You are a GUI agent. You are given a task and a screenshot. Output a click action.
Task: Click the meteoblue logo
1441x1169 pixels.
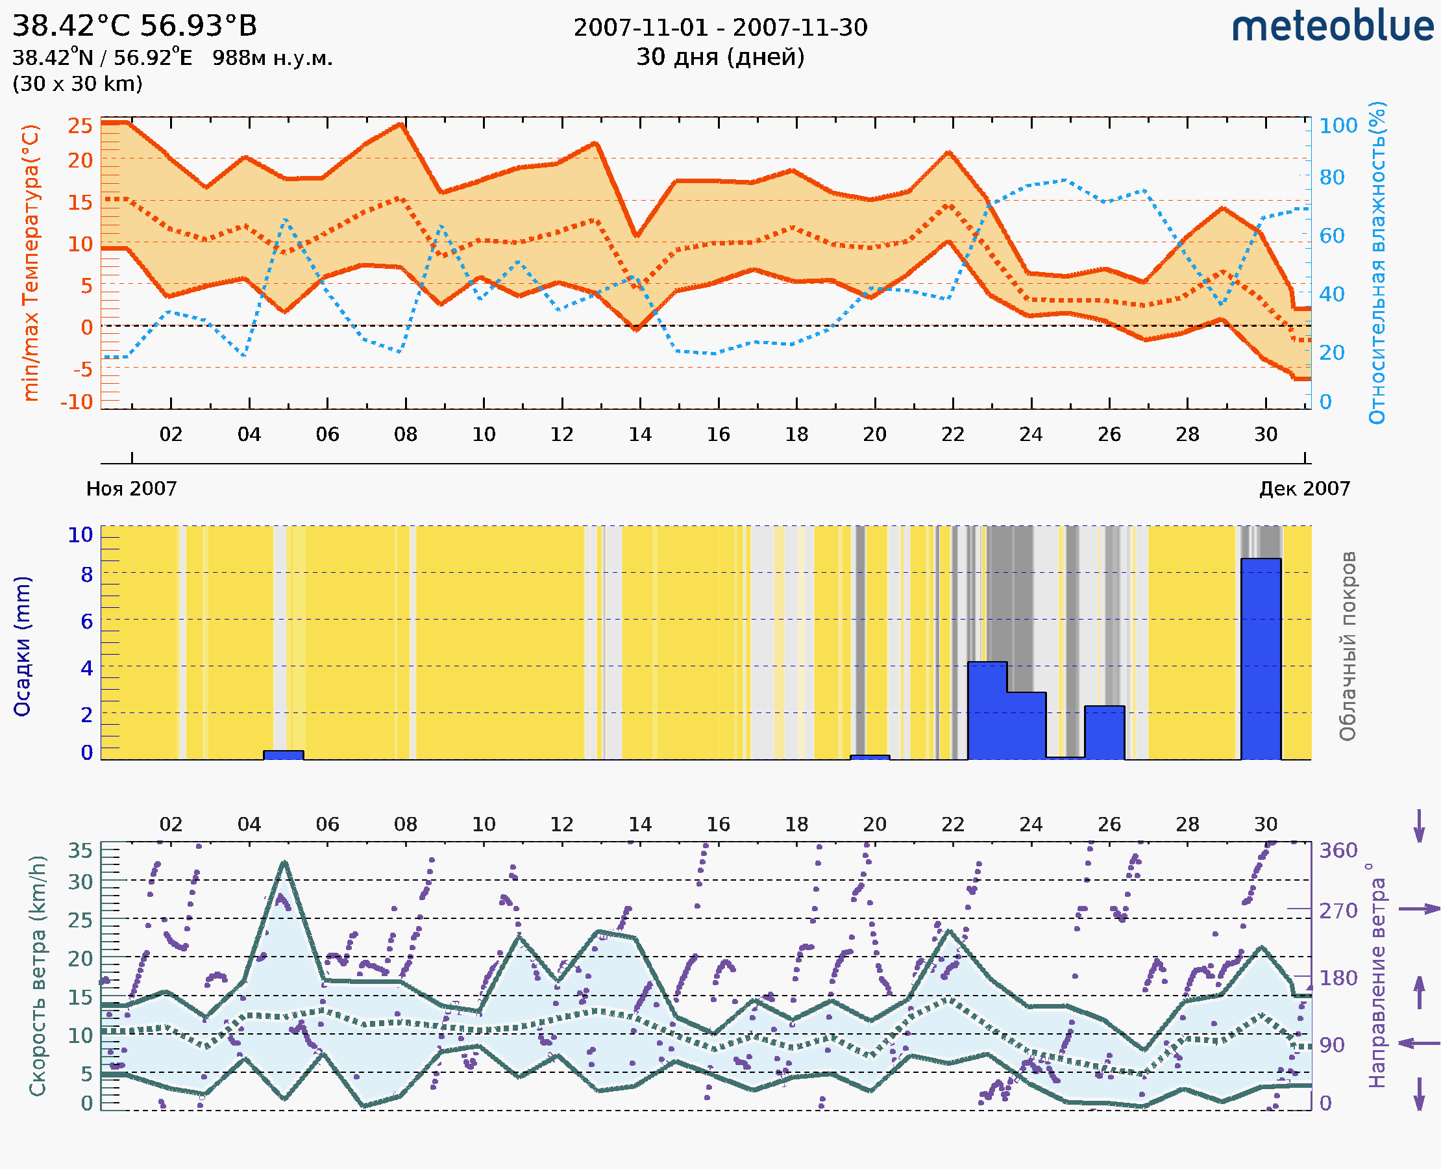(1333, 27)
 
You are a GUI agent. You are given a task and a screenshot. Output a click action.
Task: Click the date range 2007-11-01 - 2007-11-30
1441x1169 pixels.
(720, 28)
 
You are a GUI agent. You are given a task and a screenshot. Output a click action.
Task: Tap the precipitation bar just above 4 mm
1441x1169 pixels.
(987, 710)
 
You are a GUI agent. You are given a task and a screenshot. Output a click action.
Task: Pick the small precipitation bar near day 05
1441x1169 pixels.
(284, 755)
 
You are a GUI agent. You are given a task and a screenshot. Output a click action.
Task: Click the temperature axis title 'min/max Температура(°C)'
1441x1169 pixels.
(31, 262)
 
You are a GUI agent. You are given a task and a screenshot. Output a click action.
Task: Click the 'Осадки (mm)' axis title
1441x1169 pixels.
(22, 646)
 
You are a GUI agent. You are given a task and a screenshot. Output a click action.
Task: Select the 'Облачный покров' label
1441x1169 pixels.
(1347, 646)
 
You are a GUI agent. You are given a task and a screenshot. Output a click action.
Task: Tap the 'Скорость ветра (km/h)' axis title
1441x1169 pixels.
(38, 975)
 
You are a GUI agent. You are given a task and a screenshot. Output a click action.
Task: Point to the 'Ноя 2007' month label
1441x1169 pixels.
(131, 488)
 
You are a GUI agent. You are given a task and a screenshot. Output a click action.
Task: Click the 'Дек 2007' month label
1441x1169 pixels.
(1305, 488)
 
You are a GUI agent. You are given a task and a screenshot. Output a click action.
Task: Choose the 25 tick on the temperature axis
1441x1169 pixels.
(80, 125)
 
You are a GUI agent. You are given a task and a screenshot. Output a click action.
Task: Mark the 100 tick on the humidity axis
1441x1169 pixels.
(1338, 125)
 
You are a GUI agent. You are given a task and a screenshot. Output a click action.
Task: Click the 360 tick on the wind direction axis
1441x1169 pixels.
(1338, 851)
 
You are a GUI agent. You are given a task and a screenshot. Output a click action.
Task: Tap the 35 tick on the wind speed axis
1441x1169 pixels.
(80, 851)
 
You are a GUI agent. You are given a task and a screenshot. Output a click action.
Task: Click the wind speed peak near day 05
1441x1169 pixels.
(285, 862)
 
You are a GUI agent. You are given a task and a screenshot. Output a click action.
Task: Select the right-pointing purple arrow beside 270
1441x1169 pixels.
(1419, 909)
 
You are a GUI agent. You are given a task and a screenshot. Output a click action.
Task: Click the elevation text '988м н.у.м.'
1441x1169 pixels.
(273, 58)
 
